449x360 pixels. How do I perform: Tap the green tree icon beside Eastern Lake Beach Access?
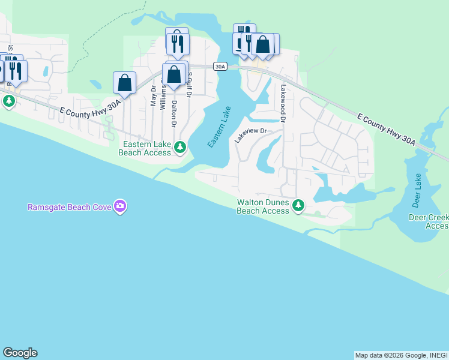179,146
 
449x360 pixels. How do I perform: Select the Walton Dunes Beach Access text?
263,206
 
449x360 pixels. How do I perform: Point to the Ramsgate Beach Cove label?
69,207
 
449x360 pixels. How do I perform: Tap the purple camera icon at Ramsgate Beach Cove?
121,206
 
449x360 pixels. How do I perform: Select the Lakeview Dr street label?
250,134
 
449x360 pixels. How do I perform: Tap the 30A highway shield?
221,67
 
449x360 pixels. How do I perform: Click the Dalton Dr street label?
174,113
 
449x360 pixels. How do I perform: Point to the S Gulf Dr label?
190,84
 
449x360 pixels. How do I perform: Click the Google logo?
20,353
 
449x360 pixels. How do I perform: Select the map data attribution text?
401,355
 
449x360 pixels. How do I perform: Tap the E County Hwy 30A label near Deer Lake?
385,130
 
